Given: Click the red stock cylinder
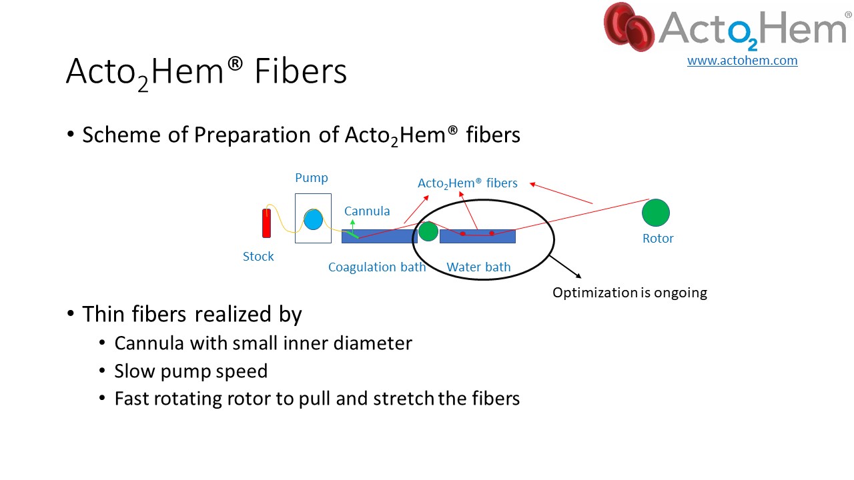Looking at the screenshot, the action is click(x=266, y=223).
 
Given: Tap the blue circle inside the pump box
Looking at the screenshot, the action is click(x=314, y=220).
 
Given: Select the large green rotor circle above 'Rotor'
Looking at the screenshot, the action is click(x=656, y=213).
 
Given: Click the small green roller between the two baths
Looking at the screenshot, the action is click(x=428, y=231).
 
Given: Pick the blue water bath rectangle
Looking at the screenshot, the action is click(x=478, y=236).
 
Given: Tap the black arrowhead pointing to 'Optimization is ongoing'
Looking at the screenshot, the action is click(x=578, y=276).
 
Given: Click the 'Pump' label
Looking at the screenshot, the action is click(x=312, y=178).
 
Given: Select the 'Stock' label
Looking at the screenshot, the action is click(x=258, y=257).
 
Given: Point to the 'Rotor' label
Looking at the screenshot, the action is click(x=658, y=239).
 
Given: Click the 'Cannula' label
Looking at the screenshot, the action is click(x=367, y=211).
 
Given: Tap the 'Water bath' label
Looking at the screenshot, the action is click(x=478, y=267).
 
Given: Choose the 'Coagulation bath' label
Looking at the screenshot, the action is click(x=377, y=267).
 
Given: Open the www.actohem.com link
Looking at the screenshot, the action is click(x=743, y=60).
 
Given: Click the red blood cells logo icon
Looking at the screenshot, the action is click(x=629, y=27).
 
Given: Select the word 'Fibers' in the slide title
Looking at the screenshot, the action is click(x=301, y=71).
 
